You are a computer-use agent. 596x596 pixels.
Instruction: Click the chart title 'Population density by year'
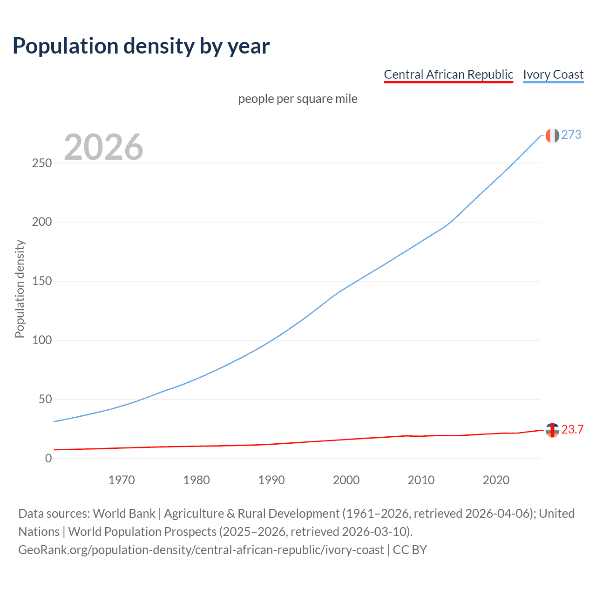[141, 46]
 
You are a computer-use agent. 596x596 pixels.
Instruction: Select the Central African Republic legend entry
[448, 74]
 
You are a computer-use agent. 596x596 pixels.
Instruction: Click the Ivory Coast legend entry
[553, 74]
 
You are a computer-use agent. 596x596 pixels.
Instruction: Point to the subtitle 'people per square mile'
[298, 99]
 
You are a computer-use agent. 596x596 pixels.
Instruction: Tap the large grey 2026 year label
[103, 147]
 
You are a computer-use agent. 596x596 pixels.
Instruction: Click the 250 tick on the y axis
[41, 163]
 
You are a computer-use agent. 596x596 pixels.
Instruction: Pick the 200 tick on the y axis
[41, 222]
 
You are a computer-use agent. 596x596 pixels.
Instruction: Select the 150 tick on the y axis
[41, 281]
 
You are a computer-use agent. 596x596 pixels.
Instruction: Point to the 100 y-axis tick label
[41, 340]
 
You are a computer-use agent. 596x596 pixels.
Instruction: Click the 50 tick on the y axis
[45, 400]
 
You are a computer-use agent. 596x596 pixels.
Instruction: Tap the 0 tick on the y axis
[48, 459]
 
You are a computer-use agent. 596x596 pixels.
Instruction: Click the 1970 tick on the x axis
[122, 480]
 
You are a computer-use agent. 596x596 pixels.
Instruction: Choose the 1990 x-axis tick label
[271, 480]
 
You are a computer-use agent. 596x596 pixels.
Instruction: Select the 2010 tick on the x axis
[421, 480]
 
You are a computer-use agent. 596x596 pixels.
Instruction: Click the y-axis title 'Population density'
[20, 289]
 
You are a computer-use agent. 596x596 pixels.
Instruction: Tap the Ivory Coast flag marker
[552, 135]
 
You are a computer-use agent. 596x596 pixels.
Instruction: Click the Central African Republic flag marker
[552, 430]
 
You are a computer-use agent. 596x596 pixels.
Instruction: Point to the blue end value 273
[571, 135]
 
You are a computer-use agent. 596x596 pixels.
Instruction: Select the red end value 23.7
[572, 430]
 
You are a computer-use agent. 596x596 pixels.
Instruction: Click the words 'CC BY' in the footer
[410, 550]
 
